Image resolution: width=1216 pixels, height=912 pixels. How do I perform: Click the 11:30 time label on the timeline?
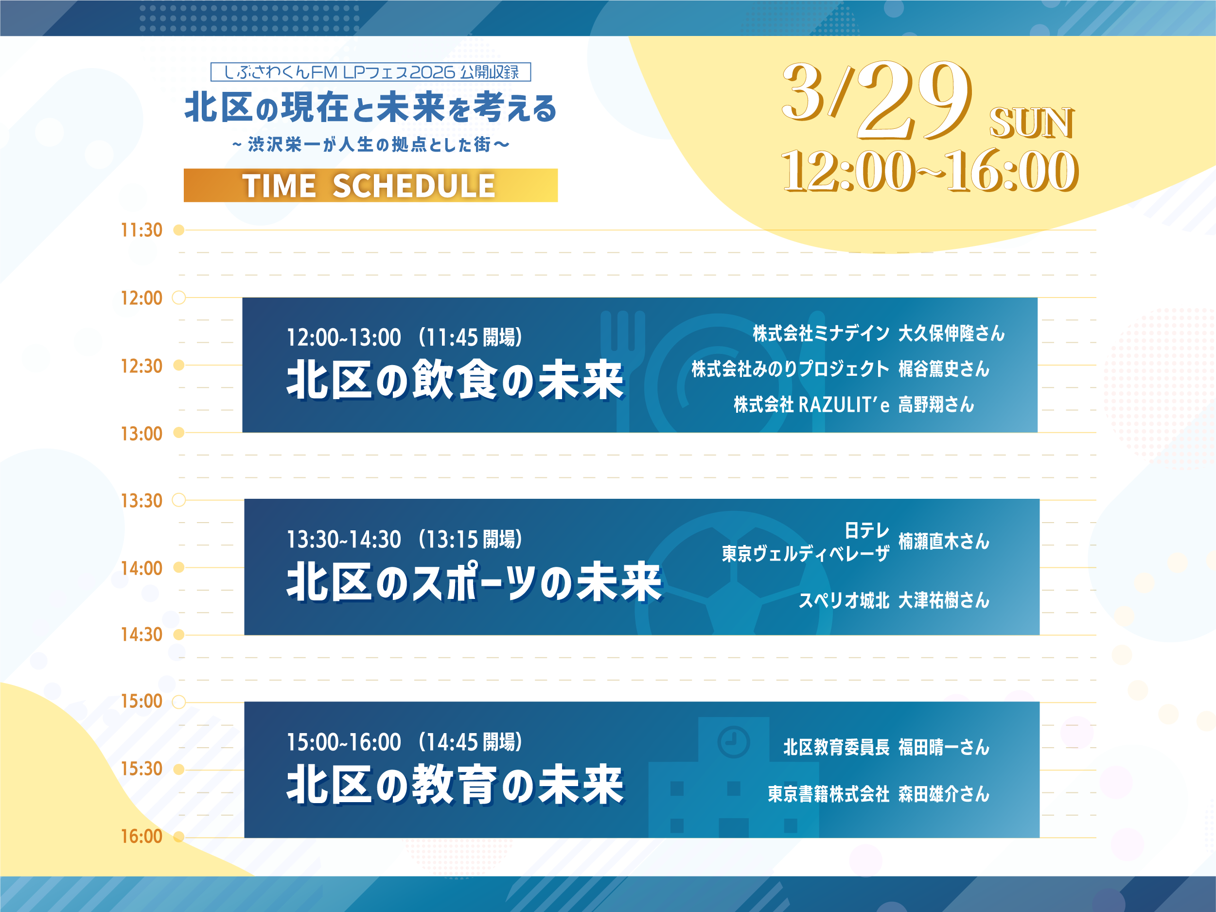click(x=141, y=230)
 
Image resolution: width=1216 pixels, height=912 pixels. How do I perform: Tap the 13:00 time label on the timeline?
click(x=141, y=434)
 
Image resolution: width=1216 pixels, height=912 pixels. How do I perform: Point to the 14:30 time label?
click(x=141, y=634)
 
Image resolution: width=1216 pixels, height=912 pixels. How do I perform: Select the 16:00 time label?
click(x=141, y=836)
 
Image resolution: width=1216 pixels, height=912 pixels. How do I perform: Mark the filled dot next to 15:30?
click(x=178, y=769)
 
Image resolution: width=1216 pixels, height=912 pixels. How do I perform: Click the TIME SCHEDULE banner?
click(x=370, y=185)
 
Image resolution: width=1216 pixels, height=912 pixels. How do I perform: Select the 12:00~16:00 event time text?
click(x=929, y=172)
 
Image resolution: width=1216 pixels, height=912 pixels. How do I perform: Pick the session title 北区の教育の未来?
click(x=455, y=785)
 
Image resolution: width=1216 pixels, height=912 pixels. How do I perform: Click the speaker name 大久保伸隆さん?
click(x=951, y=333)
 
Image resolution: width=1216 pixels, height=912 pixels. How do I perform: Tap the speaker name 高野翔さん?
click(x=935, y=404)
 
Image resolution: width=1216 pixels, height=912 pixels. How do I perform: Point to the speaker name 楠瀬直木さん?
click(x=943, y=542)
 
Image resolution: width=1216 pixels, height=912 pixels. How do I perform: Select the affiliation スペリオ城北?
click(x=843, y=600)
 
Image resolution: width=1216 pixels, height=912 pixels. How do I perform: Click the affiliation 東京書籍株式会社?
click(x=828, y=794)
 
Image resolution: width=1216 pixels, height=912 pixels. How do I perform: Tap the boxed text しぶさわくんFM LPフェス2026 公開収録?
click(x=370, y=72)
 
